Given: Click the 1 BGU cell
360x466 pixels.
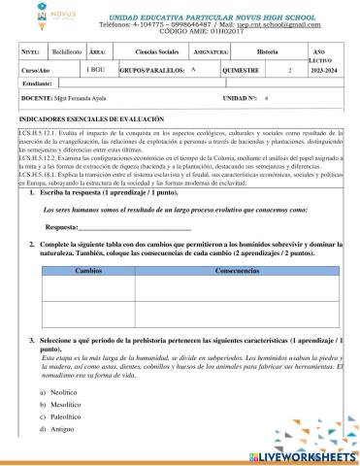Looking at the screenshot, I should pos(97,70).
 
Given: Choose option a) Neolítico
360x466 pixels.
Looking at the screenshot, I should pos(60,391).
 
